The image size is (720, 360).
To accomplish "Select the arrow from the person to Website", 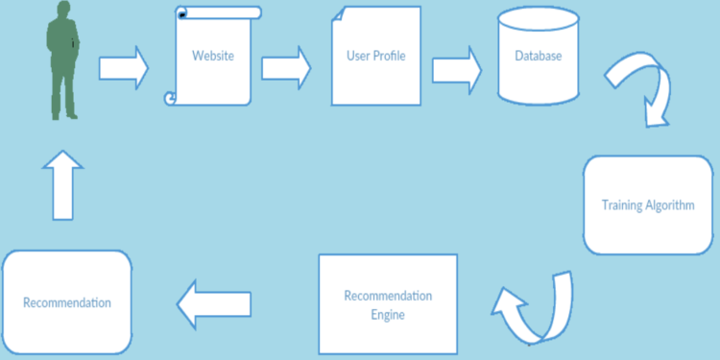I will (x=124, y=67).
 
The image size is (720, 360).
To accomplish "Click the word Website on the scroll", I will (x=213, y=56).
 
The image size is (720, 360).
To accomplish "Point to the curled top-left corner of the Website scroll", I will (x=181, y=12).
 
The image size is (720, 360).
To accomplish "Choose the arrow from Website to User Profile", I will (x=286, y=67).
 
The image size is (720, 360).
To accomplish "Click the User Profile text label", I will (x=375, y=56).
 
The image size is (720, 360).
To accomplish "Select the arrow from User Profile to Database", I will (x=457, y=69).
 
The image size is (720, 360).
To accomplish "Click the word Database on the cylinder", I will (x=539, y=56).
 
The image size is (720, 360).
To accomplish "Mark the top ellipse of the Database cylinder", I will (x=539, y=18).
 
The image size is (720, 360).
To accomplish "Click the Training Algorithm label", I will (x=647, y=205).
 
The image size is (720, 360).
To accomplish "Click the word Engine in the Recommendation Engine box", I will (x=388, y=314).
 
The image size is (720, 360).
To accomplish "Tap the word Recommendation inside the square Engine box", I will (x=388, y=295).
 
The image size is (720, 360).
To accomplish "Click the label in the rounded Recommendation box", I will (x=66, y=302).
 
